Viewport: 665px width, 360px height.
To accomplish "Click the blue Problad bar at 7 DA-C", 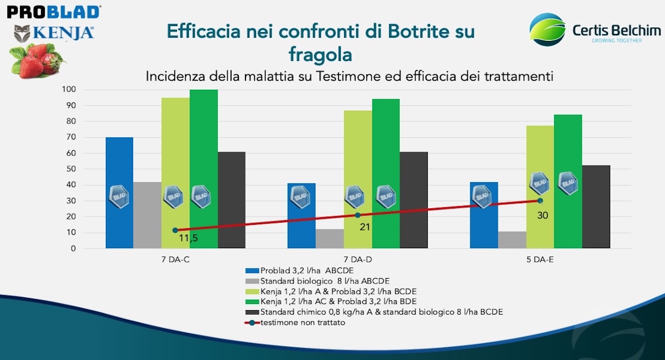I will [x=119, y=166].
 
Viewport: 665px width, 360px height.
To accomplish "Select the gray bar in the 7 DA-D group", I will [x=329, y=239].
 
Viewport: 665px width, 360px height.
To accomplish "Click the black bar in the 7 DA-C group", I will [x=232, y=199].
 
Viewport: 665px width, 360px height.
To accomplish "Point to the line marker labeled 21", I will [x=357, y=215].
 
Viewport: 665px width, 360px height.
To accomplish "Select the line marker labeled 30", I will [x=540, y=200].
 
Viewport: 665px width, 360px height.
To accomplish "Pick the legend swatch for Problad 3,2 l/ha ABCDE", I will [x=252, y=271].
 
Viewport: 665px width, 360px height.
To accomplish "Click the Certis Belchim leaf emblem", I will [x=547, y=29].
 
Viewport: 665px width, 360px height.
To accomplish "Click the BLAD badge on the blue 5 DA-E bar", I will [x=482, y=197].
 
